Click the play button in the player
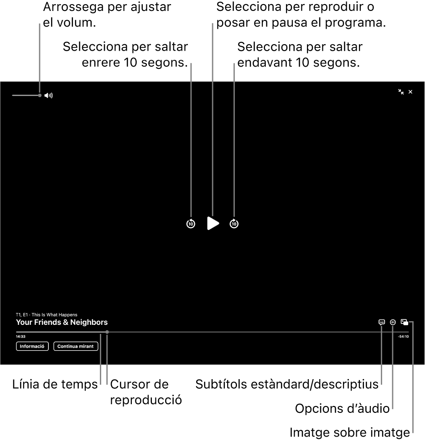pos(213,224)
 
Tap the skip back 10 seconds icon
pos(191,224)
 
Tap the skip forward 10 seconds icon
pos(234,224)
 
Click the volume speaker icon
pos(48,95)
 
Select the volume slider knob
pos(40,95)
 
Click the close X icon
pos(410,92)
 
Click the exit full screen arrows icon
pos(401,92)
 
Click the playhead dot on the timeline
pos(107,332)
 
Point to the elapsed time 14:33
pos(21,337)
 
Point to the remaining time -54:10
pos(403,337)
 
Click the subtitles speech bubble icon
pos(382,322)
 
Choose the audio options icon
pos(393,322)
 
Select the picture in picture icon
pos(405,322)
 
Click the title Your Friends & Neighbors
pos(62,323)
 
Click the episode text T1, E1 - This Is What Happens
pos(47,315)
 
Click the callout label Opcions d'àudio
pos(343,408)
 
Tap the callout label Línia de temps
pos(55,384)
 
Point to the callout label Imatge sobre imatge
pos(350,433)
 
